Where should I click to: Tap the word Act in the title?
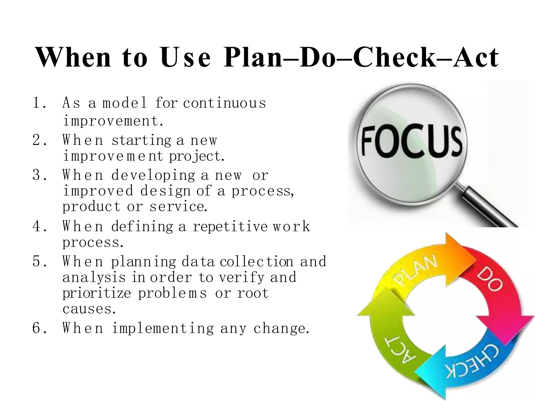(x=475, y=57)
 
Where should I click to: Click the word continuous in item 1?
(x=224, y=103)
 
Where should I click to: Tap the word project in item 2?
(x=196, y=156)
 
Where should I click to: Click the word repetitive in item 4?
(x=230, y=226)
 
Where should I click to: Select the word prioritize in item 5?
(x=97, y=293)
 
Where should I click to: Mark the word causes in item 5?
(x=89, y=309)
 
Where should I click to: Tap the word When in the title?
(x=73, y=57)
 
